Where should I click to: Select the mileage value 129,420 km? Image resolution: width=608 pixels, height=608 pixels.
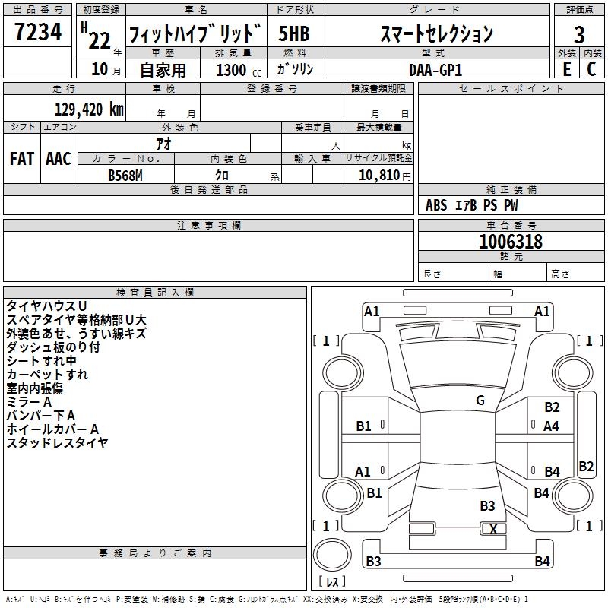coord(88,109)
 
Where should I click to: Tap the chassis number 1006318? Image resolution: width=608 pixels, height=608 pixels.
coord(511,242)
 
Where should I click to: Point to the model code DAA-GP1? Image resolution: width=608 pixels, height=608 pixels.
coord(435,69)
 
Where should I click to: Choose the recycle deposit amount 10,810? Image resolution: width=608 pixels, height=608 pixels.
coord(378,174)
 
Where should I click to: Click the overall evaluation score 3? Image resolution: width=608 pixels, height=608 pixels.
coord(579,33)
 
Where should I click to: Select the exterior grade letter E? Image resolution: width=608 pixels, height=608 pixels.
coord(565,69)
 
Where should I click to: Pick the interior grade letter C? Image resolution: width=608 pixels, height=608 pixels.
coord(591,69)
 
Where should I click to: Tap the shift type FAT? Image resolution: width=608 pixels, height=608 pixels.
coord(21,159)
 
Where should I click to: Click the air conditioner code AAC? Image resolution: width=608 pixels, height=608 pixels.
coord(58,159)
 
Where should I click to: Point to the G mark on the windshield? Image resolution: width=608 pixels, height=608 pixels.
coord(480,401)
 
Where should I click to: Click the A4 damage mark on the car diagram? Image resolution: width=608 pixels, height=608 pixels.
coord(552,426)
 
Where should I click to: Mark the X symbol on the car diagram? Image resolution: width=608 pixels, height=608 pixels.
coord(494,530)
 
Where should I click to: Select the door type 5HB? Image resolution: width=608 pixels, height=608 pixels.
coord(294,33)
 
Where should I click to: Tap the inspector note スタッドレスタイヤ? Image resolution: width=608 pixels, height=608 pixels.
coord(57,443)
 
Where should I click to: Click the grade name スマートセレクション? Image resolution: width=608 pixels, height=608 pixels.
coord(436,33)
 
